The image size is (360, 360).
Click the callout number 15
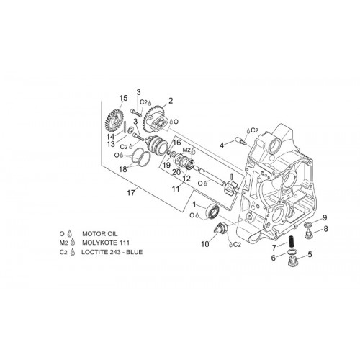(124, 98)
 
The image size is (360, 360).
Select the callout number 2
(171, 101)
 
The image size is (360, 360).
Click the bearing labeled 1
(213, 211)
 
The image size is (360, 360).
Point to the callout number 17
(131, 192)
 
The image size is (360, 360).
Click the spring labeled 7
(291, 243)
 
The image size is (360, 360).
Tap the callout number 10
(205, 244)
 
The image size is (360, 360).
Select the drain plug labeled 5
(292, 261)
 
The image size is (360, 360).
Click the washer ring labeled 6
(291, 252)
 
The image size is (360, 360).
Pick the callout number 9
(325, 217)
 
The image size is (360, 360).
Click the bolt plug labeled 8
(310, 234)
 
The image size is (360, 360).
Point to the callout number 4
(222, 145)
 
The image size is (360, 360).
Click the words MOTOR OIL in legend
(100, 233)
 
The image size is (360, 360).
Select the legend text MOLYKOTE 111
(106, 243)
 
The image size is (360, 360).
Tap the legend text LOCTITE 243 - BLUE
(112, 252)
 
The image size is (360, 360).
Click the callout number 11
(176, 189)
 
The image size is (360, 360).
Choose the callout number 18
(123, 169)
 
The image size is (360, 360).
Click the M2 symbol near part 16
(186, 150)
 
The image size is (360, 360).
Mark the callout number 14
(111, 137)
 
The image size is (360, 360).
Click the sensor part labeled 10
(221, 227)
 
